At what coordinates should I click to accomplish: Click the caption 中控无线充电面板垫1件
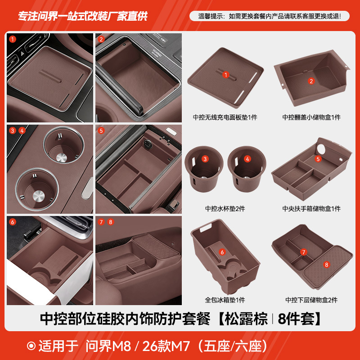225,117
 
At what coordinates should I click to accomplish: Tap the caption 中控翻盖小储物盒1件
311,117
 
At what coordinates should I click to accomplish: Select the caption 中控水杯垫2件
225,208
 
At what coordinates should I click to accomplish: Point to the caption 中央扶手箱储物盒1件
311,208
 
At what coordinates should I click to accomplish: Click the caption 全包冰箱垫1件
225,300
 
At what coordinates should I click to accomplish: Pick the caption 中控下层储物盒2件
311,300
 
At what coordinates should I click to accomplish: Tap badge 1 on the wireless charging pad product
226,75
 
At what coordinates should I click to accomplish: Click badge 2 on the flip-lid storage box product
311,81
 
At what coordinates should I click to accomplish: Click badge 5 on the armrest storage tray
318,159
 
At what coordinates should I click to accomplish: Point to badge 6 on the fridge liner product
222,252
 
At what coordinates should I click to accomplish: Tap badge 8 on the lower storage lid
327,265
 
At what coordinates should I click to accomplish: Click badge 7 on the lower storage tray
304,252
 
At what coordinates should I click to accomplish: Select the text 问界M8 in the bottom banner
117,346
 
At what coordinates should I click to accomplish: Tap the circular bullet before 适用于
31,346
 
